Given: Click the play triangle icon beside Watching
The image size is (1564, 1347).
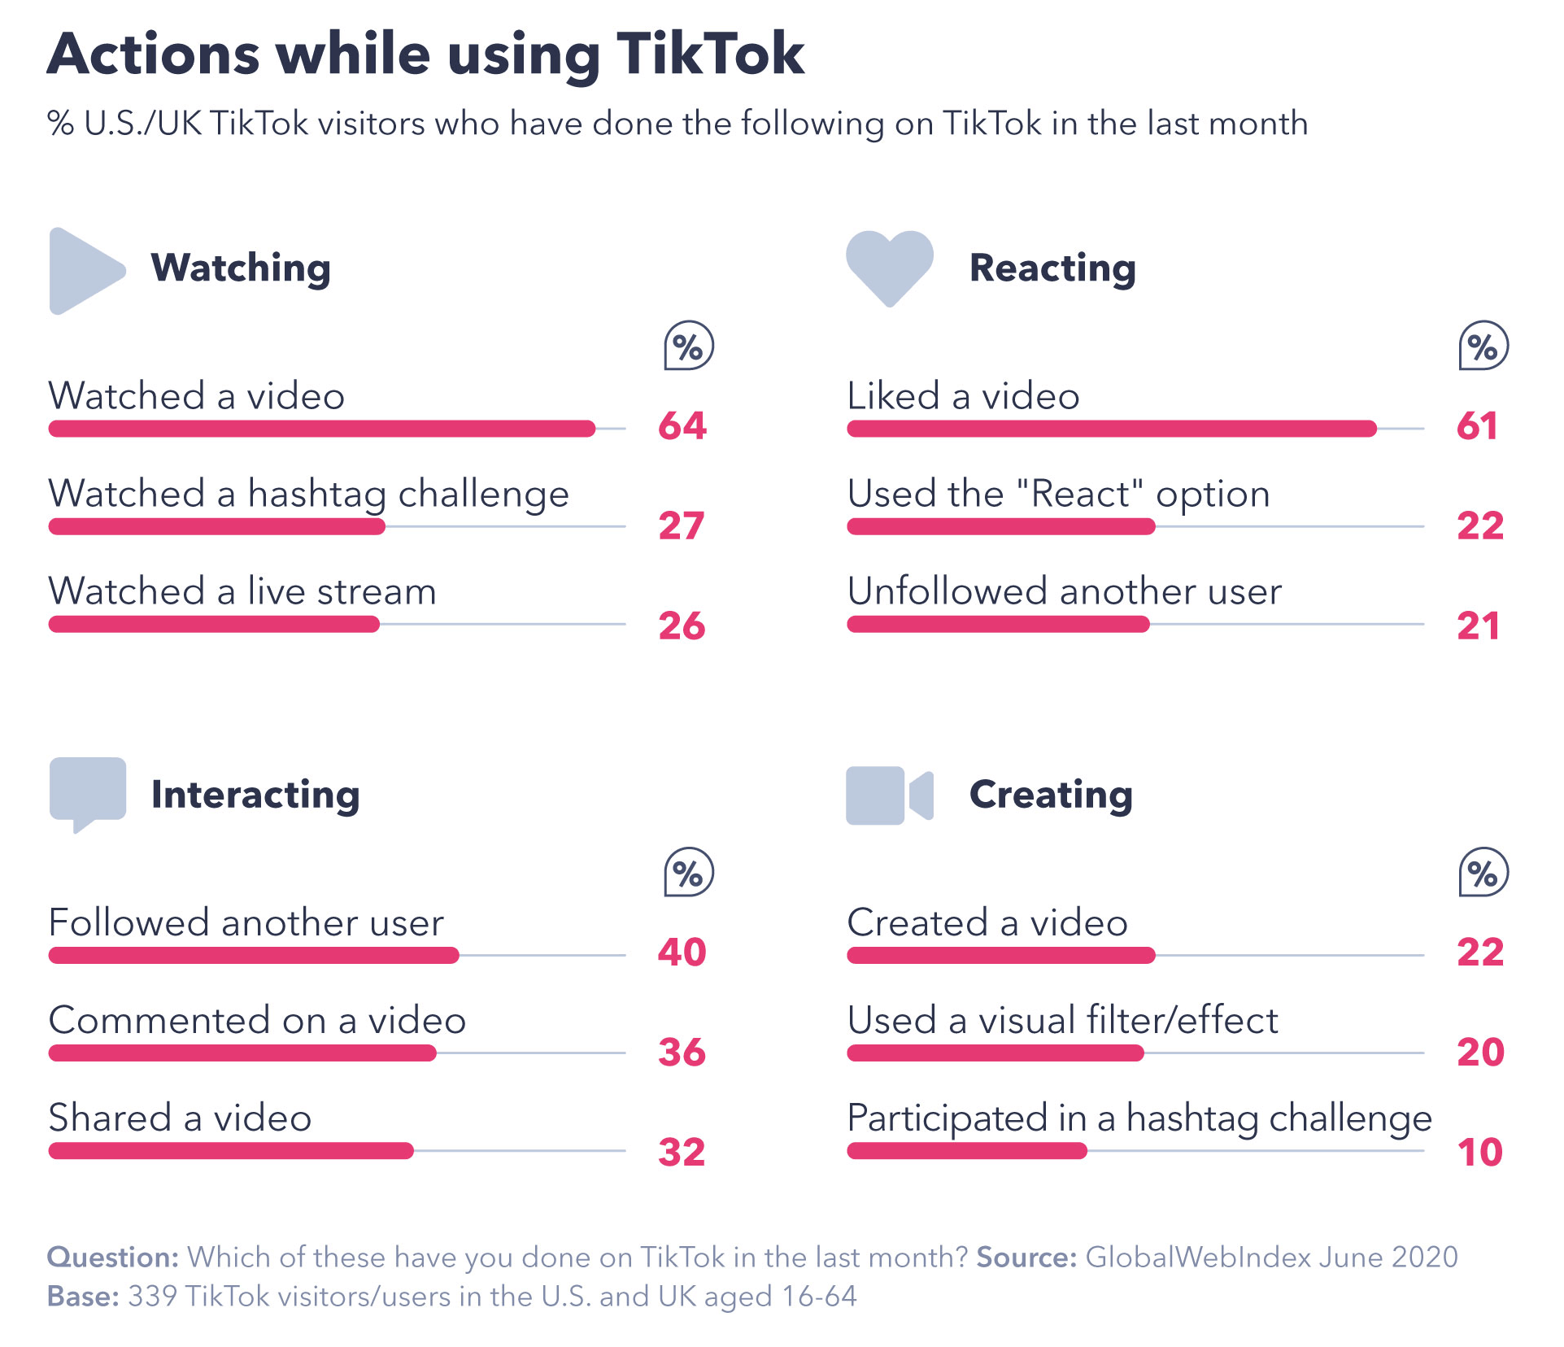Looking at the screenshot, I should click(x=83, y=271).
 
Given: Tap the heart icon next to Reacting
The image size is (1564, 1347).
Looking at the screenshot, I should click(x=889, y=266).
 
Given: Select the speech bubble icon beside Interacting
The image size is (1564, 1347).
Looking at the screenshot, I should click(x=87, y=791).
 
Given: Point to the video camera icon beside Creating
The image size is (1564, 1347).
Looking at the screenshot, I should click(x=888, y=795).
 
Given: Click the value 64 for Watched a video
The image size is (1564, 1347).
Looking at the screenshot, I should click(x=682, y=425).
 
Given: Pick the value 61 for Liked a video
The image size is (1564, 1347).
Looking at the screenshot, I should click(x=1477, y=425).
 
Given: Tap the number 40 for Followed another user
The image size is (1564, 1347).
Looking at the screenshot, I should click(x=682, y=952).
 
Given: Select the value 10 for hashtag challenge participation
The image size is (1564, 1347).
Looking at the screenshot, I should click(x=1479, y=1152).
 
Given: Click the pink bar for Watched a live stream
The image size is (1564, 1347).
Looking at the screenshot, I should click(x=214, y=624).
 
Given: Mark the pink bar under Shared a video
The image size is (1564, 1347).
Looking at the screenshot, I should click(x=231, y=1150).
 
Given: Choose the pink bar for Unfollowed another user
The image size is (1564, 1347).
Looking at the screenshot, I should click(x=998, y=624).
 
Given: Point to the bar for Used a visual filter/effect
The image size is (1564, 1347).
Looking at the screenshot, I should click(x=995, y=1053).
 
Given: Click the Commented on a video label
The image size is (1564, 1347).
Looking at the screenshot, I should click(x=257, y=1020).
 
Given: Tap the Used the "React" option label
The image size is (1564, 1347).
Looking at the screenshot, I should click(x=1058, y=494).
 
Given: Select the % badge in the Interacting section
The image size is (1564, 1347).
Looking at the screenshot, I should click(x=688, y=873).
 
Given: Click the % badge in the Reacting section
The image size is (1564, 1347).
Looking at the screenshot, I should click(x=1483, y=347).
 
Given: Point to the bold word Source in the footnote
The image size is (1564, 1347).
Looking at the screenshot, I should click(x=1026, y=1257).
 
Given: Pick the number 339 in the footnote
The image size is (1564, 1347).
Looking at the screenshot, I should click(x=152, y=1296).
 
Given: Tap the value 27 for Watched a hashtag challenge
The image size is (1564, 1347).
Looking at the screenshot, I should click(x=681, y=525).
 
